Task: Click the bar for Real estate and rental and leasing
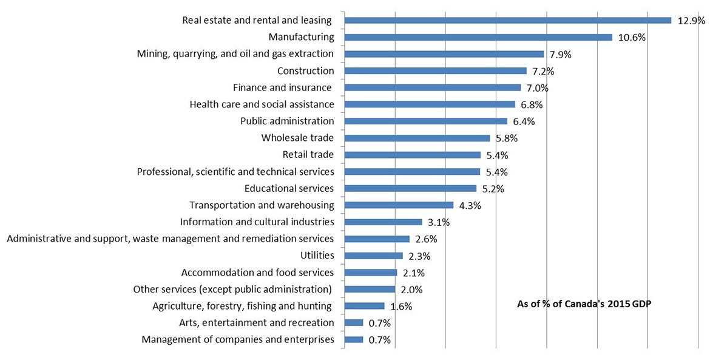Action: click(x=507, y=20)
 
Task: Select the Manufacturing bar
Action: click(x=478, y=37)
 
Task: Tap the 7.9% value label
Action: click(x=560, y=54)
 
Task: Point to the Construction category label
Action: click(x=305, y=71)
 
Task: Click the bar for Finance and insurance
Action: click(x=432, y=87)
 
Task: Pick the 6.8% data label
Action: click(x=531, y=104)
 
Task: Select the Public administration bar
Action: click(x=425, y=121)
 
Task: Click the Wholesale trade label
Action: click(x=297, y=138)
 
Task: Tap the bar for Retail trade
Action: click(x=412, y=155)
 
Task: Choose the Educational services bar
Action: click(x=410, y=188)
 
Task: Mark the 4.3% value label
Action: click(x=470, y=205)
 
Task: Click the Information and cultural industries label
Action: click(x=257, y=222)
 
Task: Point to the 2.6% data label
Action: click(x=426, y=239)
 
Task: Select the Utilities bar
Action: click(x=373, y=256)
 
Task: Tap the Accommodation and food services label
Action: click(x=257, y=272)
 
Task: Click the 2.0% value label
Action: click(x=411, y=289)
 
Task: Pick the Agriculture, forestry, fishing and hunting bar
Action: click(x=364, y=306)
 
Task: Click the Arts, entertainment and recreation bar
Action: click(x=353, y=323)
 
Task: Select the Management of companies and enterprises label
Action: click(x=238, y=339)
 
